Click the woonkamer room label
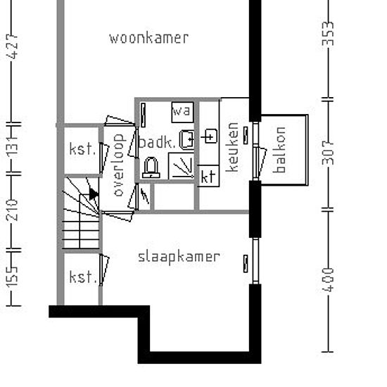[x=148, y=38]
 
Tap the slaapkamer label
[x=179, y=257]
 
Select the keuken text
[x=232, y=148]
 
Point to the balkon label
[x=280, y=150]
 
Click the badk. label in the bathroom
[x=157, y=143]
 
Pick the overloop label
[x=118, y=165]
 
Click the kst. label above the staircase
[x=82, y=149]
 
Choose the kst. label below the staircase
[x=82, y=277]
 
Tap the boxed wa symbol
[x=182, y=111]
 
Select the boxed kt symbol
[x=208, y=176]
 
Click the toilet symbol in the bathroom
[x=151, y=167]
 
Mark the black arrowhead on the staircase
[x=93, y=194]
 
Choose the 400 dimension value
[x=328, y=279]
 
